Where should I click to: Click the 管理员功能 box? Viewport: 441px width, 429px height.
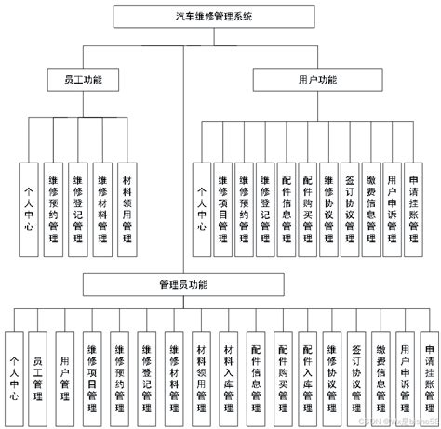183,283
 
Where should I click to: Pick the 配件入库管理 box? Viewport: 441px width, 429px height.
307,370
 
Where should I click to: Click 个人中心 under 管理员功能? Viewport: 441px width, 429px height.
13,370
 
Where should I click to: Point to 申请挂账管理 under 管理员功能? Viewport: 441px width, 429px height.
429,370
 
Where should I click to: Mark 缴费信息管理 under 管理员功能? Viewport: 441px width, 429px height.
381,370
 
